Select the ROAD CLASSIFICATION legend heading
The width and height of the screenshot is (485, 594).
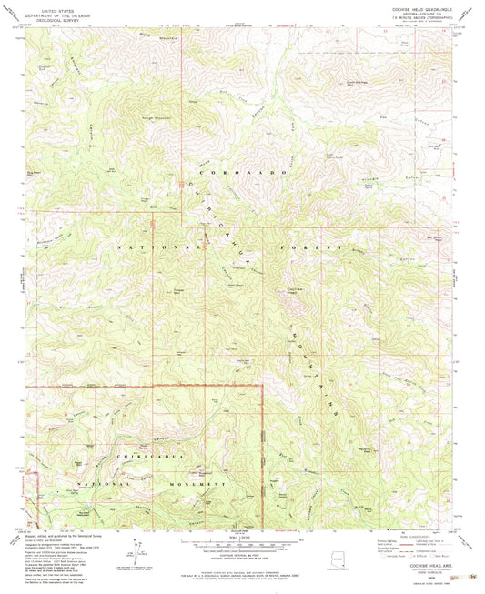click(x=417, y=534)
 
